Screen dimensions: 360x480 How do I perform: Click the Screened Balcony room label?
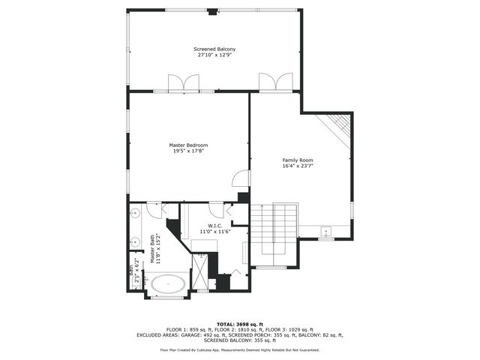(215, 49)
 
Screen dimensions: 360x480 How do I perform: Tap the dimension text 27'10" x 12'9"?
(215, 55)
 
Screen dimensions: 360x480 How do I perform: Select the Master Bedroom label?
(188, 145)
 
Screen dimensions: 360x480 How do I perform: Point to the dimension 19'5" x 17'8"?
(188, 151)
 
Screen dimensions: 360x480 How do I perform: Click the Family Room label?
(297, 160)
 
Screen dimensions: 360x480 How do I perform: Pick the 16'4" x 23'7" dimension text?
(297, 166)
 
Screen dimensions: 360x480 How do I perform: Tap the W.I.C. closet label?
(215, 225)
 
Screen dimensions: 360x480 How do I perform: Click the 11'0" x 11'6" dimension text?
(215, 231)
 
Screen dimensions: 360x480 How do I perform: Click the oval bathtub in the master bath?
(168, 284)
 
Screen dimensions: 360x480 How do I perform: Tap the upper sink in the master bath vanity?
(136, 214)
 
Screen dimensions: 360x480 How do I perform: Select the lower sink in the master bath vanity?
(136, 241)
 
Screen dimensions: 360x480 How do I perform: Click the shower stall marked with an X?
(200, 271)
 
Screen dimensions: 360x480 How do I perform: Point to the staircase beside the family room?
(274, 232)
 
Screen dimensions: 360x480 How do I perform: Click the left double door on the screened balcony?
(184, 82)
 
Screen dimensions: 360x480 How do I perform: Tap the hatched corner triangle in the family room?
(340, 123)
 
